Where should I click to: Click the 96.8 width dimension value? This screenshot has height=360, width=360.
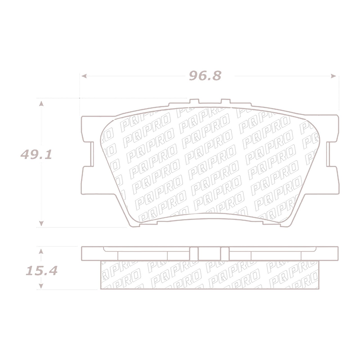[205, 76]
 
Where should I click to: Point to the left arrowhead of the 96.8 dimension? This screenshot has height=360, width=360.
[83, 76]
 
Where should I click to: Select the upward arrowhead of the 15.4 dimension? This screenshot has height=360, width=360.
[40, 250]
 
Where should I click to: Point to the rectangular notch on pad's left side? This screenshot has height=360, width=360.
[88, 155]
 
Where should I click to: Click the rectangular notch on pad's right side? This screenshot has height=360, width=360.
[332, 155]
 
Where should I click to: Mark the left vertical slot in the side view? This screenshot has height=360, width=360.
[193, 254]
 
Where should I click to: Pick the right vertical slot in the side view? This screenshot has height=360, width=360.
[224, 254]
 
